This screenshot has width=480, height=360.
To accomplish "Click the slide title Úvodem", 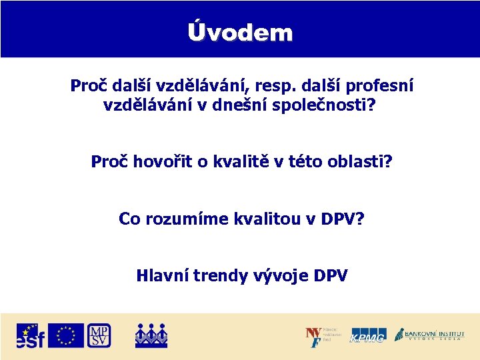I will click(x=240, y=32).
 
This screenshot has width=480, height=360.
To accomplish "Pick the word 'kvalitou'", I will click(x=257, y=218).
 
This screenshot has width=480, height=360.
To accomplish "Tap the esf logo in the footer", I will click(x=30, y=335).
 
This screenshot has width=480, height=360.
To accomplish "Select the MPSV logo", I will click(x=99, y=335).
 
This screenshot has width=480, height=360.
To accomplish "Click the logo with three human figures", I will click(x=151, y=335).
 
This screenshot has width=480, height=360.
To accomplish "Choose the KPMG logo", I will click(x=368, y=335).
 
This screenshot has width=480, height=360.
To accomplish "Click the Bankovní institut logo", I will click(x=429, y=335).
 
